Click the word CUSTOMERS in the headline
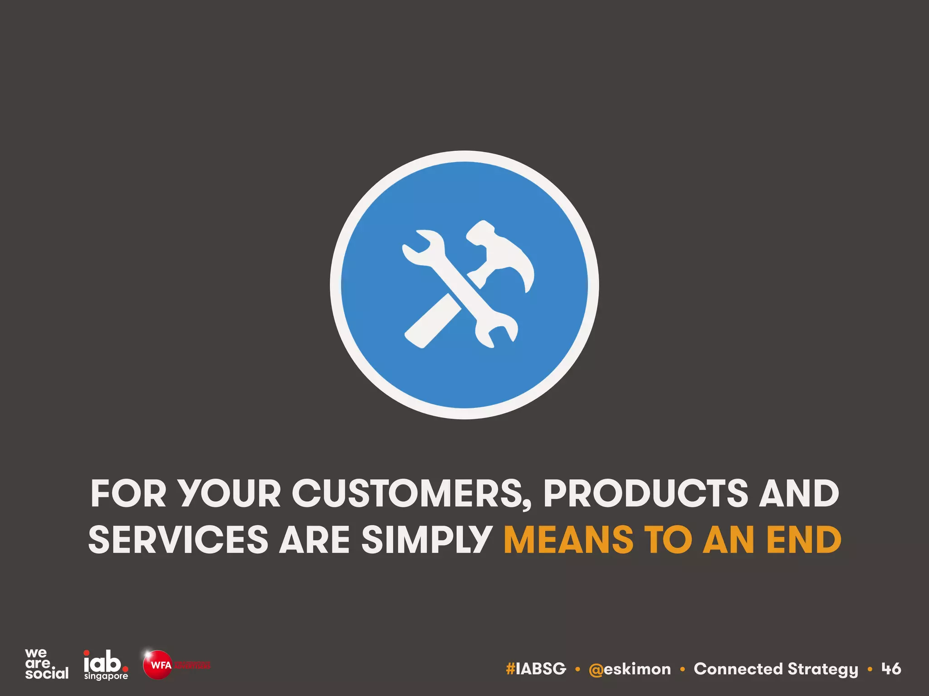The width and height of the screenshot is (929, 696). click(411, 494)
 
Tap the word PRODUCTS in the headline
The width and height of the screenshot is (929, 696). click(645, 494)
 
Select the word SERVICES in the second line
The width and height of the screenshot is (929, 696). click(178, 540)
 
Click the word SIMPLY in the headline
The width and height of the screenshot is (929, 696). click(427, 540)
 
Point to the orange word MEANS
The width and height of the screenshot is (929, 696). click(568, 540)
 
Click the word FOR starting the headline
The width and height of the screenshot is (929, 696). click(128, 494)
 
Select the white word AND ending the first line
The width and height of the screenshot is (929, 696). click(799, 494)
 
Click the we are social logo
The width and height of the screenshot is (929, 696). click(46, 664)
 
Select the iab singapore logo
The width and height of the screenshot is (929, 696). click(106, 665)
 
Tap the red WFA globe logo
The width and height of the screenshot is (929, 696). click(157, 665)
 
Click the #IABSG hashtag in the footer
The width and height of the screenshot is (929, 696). click(536, 669)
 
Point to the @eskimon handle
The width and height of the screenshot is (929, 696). click(630, 669)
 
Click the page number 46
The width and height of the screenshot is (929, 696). click(891, 669)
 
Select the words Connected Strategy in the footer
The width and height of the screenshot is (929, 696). click(776, 669)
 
